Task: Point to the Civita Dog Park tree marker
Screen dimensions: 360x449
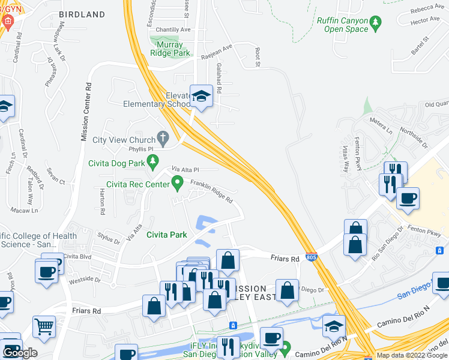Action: click(x=153, y=160)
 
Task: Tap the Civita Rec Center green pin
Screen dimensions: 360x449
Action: click(x=177, y=181)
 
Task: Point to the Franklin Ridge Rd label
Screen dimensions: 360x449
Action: click(x=211, y=193)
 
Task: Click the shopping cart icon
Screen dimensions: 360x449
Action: click(x=44, y=327)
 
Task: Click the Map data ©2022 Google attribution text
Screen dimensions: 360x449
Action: click(x=412, y=355)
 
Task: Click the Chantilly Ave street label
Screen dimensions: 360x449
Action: click(x=173, y=29)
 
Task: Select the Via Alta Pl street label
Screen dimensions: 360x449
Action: click(x=185, y=170)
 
